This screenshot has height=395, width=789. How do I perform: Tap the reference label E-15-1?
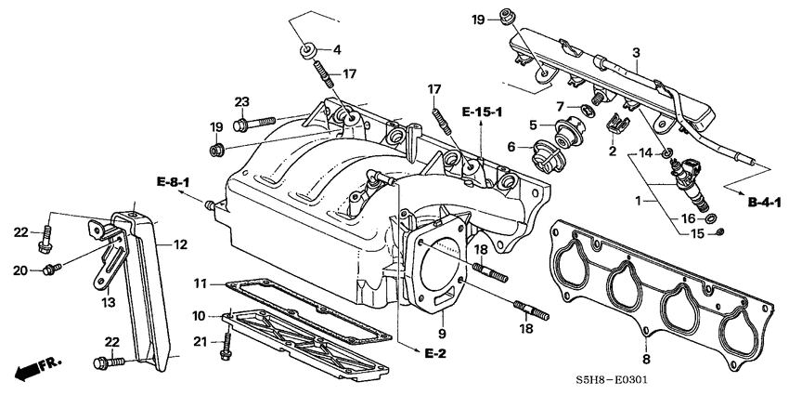pyautogui.click(x=483, y=112)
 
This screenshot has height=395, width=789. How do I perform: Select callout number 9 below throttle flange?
pyautogui.click(x=442, y=333)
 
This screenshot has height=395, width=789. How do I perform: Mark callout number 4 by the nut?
pyautogui.click(x=337, y=49)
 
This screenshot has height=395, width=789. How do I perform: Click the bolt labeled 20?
pyautogui.click(x=52, y=269)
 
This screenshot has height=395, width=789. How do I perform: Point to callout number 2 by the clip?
pyautogui.click(x=612, y=150)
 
